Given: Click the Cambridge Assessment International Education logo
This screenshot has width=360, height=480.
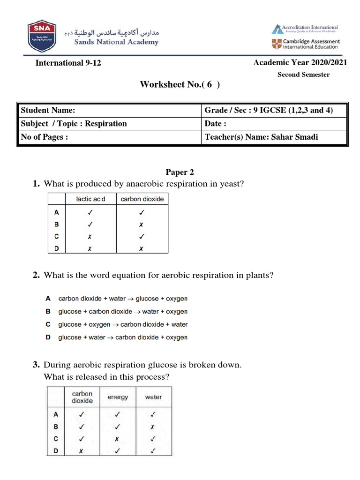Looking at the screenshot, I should pos(305,44).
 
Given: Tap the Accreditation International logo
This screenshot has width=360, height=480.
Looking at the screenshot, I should pos(305,29).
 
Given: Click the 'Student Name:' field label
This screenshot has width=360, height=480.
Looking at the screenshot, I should pos(48,110).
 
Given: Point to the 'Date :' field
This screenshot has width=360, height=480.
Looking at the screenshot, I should pos(216,124).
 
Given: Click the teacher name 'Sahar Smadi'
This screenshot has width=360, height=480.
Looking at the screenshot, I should pos(296,137).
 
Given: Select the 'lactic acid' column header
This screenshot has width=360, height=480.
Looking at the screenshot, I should pos(91,199).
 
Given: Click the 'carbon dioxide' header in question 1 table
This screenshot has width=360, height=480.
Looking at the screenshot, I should pos(142,199).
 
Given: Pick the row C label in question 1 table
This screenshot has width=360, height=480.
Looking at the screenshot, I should pos(56,236).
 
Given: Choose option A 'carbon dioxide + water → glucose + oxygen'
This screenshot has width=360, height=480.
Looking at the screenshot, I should pos(122,298).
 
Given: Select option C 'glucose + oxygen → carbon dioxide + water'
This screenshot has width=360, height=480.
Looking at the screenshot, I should pos(122,324).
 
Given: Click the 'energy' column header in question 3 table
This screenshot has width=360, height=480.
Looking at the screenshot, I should pos(118,397).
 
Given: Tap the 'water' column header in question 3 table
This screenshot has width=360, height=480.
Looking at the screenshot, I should pos(153,397).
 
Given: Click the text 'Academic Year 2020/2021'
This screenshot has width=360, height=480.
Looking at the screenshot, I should pos(300,63).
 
